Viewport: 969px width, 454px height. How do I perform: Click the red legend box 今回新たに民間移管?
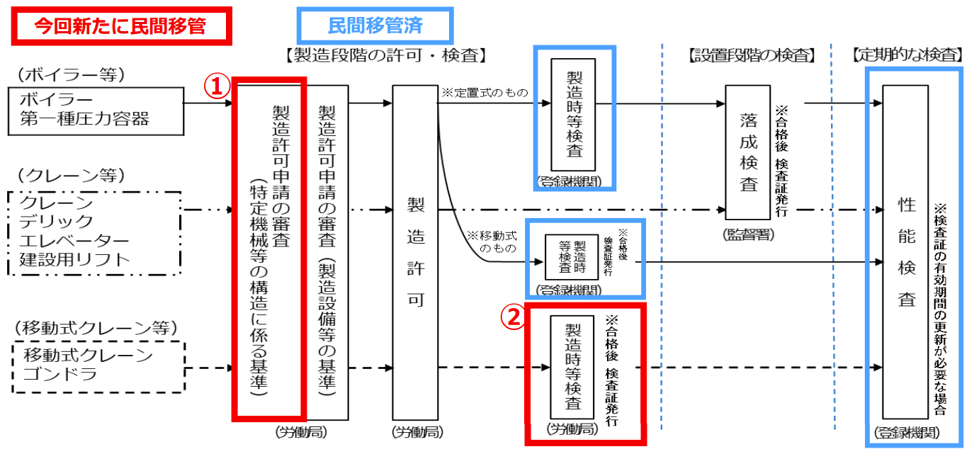120,27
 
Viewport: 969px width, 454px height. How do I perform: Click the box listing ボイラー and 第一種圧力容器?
95,110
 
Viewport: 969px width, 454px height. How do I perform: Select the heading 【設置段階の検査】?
752,55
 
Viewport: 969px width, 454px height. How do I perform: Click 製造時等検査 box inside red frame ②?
573,368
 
